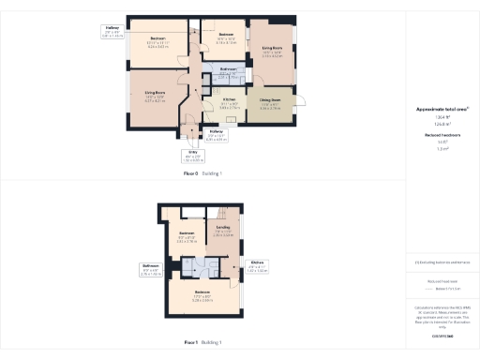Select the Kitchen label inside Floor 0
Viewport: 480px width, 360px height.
[x=229, y=97]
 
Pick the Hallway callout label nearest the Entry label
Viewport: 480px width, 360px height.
[x=216, y=131]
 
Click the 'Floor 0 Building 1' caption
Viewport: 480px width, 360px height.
[x=202, y=173]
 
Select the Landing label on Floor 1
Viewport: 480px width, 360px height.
[x=223, y=226]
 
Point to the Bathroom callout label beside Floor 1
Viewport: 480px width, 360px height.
[x=150, y=266]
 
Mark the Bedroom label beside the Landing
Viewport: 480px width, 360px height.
[x=187, y=232]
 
